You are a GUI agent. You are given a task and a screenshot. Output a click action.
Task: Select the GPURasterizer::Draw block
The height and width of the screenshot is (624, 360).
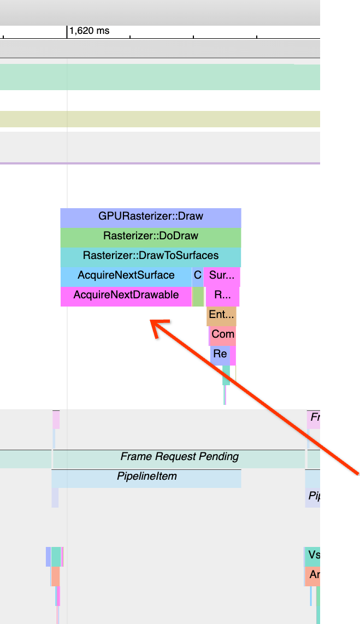(x=150, y=216)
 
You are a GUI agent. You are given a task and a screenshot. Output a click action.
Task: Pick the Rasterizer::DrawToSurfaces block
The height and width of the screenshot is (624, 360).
(x=150, y=256)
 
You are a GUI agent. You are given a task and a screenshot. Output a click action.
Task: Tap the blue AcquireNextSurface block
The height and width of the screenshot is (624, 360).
(x=126, y=275)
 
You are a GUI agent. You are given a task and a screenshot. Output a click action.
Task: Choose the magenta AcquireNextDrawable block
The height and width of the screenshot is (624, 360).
(x=126, y=295)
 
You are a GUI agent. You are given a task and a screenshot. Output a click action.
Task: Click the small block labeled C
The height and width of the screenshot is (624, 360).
(x=197, y=275)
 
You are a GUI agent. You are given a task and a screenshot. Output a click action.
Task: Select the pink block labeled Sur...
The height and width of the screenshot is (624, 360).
(x=222, y=275)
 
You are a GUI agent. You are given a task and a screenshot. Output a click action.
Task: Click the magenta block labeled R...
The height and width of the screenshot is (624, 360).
(x=222, y=295)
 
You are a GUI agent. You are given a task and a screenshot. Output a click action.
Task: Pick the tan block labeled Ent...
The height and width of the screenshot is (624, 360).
(x=221, y=315)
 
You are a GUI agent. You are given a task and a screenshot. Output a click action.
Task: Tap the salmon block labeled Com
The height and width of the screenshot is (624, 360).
(x=222, y=334)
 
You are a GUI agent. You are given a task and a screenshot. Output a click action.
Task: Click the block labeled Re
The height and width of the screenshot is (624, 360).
(x=220, y=354)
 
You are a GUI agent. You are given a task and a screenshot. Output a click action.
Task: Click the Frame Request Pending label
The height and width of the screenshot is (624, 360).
(x=179, y=457)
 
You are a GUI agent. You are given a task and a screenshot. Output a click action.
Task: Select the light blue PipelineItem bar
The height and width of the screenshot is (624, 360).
(x=146, y=476)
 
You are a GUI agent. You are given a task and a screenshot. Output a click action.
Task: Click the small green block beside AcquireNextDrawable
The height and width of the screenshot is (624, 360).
(x=198, y=296)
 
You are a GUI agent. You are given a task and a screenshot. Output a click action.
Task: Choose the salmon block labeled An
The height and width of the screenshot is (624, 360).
(x=312, y=575)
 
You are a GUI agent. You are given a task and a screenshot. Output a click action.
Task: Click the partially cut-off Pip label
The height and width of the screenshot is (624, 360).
(x=313, y=496)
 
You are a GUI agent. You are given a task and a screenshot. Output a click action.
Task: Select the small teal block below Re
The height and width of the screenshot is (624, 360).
(x=226, y=374)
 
